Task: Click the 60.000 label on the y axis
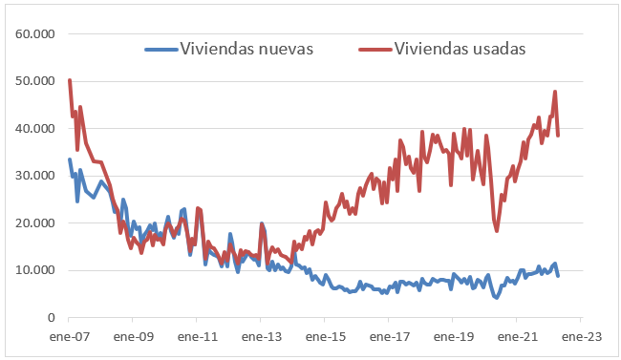34,34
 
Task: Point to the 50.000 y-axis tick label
34,81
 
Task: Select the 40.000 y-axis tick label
34,129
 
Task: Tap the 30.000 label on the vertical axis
34,176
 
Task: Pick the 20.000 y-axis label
34,222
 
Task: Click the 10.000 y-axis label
34,270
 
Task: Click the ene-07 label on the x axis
69,337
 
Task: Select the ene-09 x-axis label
133,337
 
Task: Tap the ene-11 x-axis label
197,337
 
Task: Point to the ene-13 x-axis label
261,337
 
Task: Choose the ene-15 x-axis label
324,337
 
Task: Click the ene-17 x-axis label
388,337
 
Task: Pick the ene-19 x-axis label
452,337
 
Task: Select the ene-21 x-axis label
516,337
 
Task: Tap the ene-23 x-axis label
579,337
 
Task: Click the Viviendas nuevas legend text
246,49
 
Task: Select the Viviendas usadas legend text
460,49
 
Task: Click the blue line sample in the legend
160,49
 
